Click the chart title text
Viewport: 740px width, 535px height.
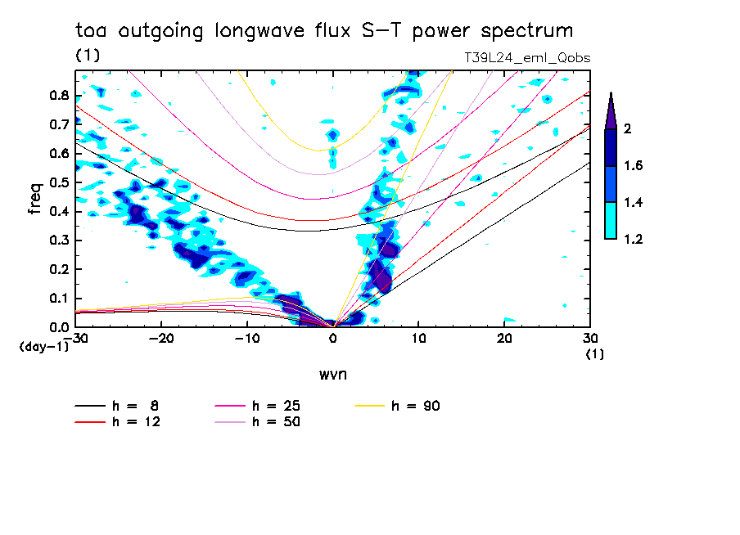coord(324,31)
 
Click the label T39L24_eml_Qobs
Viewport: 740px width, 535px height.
coord(526,58)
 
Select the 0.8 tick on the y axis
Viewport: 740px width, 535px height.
coord(59,95)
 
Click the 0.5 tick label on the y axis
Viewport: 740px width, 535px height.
coord(59,182)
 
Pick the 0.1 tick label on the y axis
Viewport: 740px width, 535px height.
coord(59,299)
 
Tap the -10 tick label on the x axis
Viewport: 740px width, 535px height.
coord(247,338)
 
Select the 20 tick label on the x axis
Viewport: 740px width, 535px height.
coord(504,338)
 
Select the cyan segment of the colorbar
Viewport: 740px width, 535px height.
coord(611,221)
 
